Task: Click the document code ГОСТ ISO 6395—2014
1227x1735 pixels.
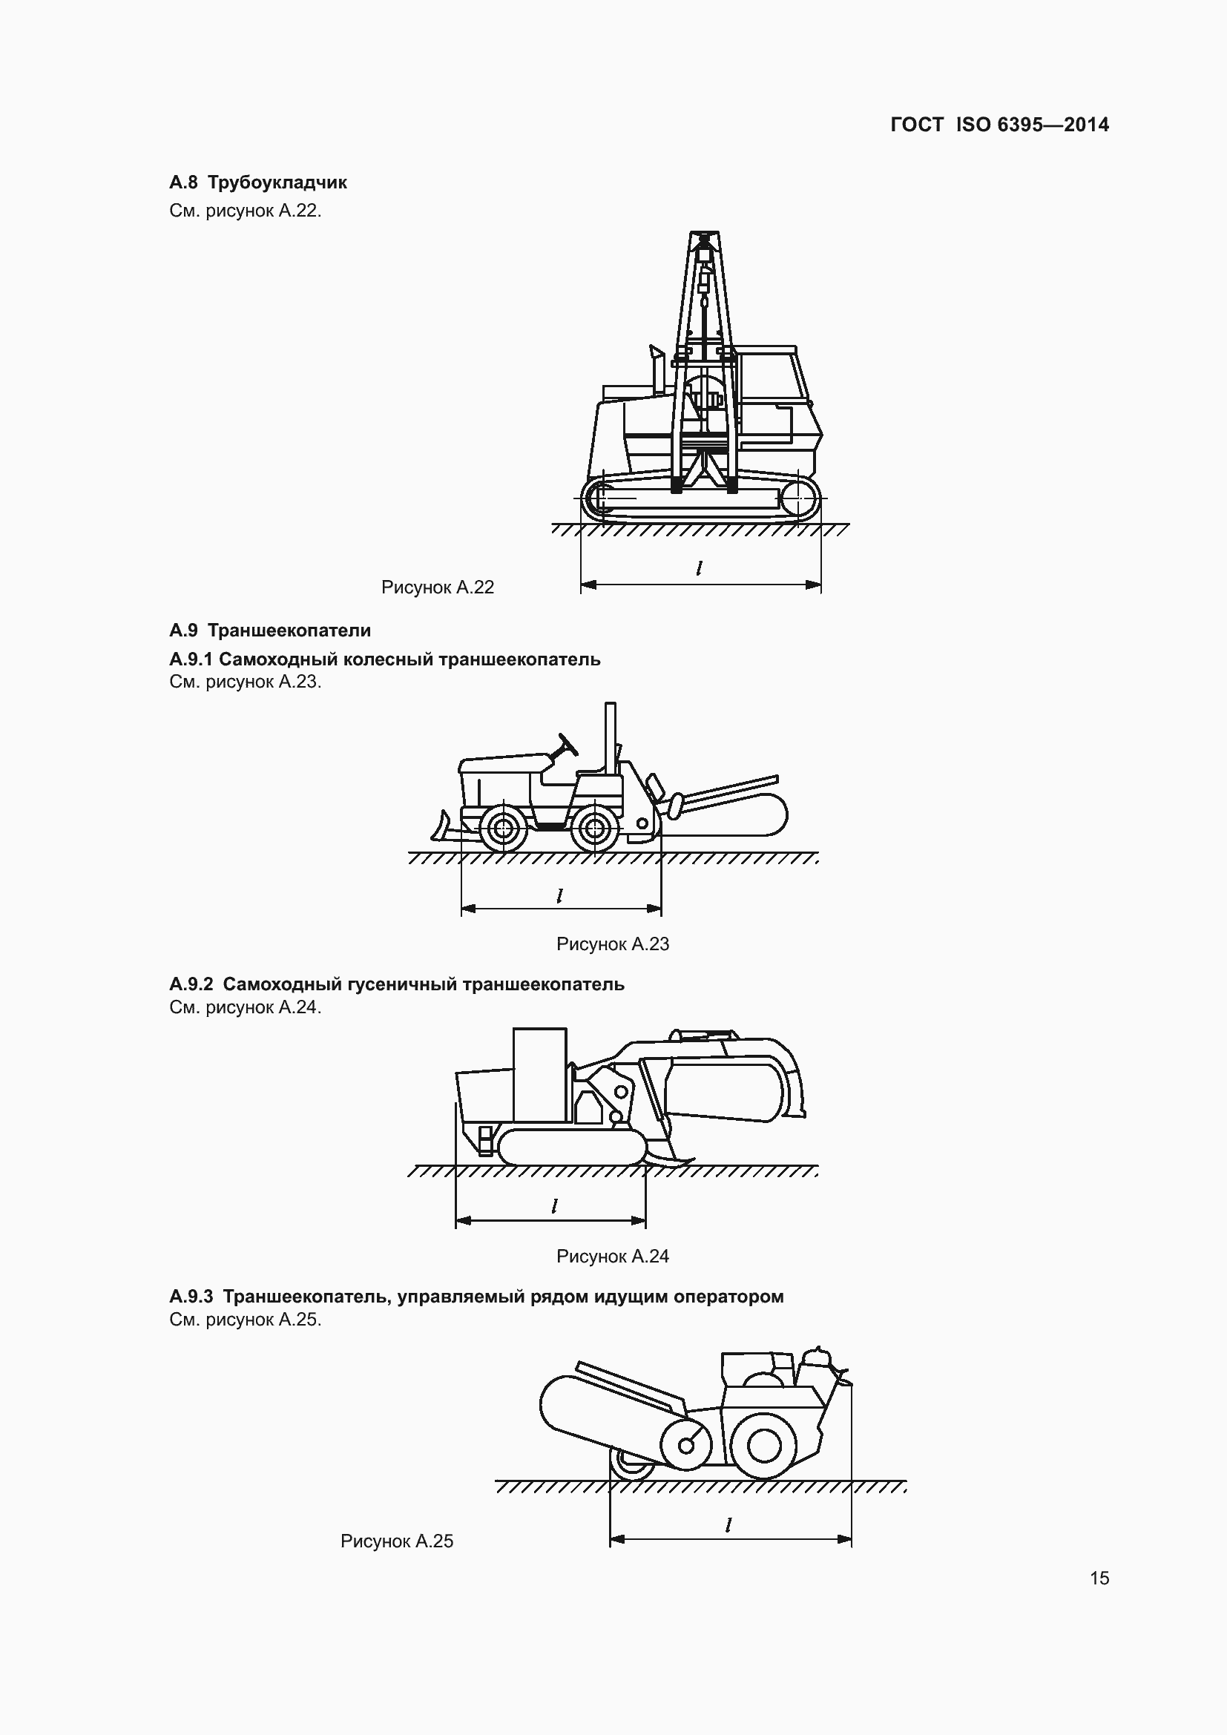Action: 999,125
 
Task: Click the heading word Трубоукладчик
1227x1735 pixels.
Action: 277,182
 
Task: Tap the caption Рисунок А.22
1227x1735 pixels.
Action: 438,587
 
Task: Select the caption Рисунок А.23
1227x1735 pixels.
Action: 612,944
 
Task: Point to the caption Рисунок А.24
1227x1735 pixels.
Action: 612,1256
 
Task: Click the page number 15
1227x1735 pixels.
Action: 1099,1578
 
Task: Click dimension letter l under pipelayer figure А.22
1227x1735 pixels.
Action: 700,567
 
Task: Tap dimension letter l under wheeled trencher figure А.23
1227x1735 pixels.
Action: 560,895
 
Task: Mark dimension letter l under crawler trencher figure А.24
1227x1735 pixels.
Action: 555,1206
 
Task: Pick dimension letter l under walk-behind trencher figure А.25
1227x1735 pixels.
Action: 728,1524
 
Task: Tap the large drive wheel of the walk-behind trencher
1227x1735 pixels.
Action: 764,1446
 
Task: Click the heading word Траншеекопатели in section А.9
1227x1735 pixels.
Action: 289,631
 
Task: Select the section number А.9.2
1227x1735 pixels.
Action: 191,984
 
